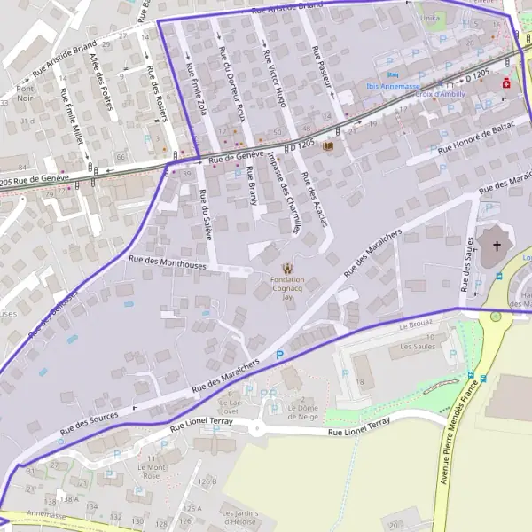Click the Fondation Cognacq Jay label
(286, 290)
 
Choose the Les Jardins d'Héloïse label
(239, 517)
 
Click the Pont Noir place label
(24, 95)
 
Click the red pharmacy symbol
(506, 83)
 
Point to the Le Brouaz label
(414, 325)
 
